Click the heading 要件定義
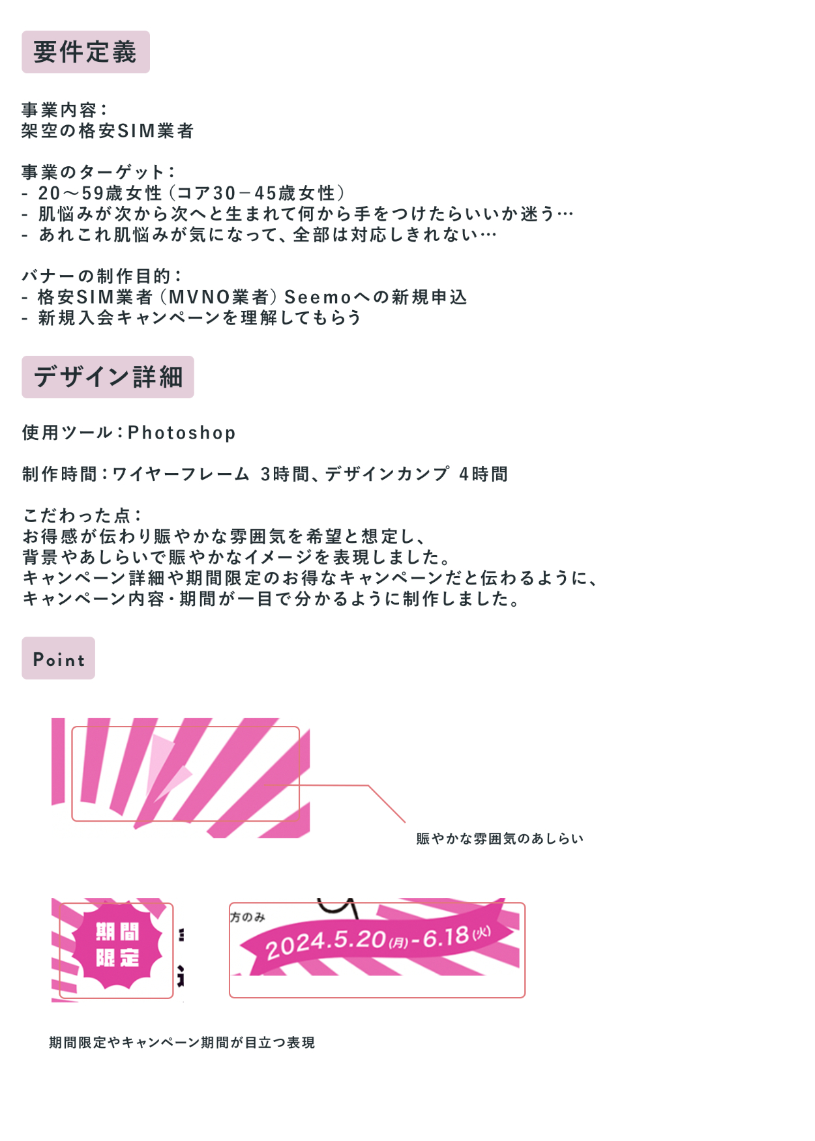tap(85, 52)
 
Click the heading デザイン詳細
tap(108, 377)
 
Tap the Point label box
tap(59, 659)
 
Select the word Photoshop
tap(182, 433)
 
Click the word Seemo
tap(318, 297)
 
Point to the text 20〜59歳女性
tap(99, 194)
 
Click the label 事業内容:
tap(64, 110)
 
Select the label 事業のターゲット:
tap(98, 173)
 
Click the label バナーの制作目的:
tap(102, 276)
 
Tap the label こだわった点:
tap(82, 515)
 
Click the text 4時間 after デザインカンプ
tap(483, 474)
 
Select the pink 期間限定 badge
tap(117, 945)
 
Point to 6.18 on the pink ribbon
tap(446, 938)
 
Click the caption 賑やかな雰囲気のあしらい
tap(499, 839)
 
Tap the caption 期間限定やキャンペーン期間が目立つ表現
tap(182, 1043)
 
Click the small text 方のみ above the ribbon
tap(248, 917)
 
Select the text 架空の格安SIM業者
tap(108, 131)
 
